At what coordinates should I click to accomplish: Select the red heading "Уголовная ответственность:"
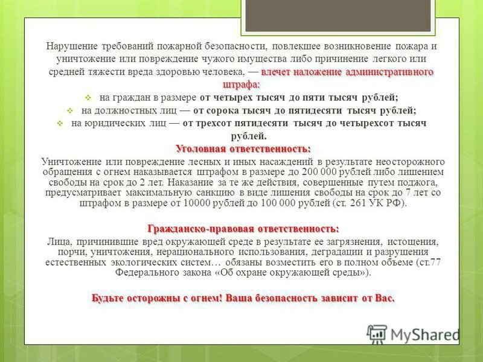[243, 148]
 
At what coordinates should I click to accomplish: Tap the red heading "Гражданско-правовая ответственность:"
[243, 228]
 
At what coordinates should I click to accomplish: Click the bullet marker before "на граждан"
[88, 97]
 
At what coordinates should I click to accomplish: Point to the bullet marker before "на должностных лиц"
[69, 110]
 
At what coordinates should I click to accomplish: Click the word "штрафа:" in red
[241, 84]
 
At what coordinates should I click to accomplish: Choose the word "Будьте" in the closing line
[108, 298]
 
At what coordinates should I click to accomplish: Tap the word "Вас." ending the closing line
[383, 298]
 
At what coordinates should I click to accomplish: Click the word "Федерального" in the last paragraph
[144, 273]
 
